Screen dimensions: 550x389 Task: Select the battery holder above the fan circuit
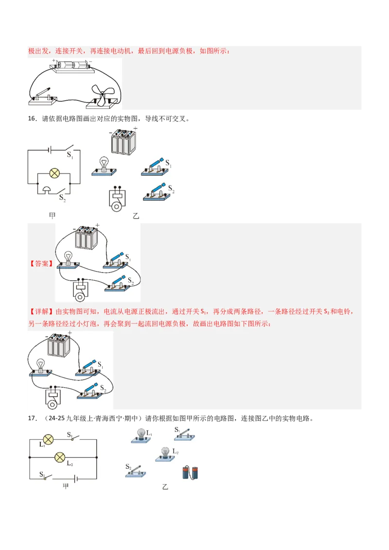tap(71, 66)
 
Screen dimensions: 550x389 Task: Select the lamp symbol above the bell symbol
tap(54, 173)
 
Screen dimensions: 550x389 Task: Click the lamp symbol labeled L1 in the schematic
tap(48, 440)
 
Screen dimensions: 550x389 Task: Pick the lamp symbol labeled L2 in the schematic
tap(60, 457)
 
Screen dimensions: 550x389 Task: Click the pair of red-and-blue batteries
tap(190, 473)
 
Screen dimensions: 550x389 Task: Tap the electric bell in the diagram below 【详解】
tap(52, 399)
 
